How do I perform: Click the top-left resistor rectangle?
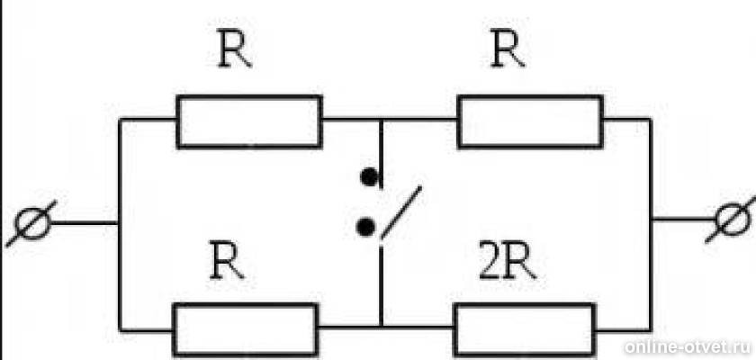[249, 121]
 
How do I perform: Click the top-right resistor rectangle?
[529, 121]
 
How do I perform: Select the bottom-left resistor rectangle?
[245, 329]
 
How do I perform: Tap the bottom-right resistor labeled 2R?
[525, 329]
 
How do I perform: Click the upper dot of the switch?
[367, 176]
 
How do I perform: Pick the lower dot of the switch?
[365, 229]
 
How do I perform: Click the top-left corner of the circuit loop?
[120, 119]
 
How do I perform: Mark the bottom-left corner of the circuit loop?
[120, 329]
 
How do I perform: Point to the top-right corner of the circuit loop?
[651, 119]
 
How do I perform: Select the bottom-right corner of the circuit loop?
[651, 329]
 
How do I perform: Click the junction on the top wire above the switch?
[381, 119]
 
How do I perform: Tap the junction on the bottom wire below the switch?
[381, 326]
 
